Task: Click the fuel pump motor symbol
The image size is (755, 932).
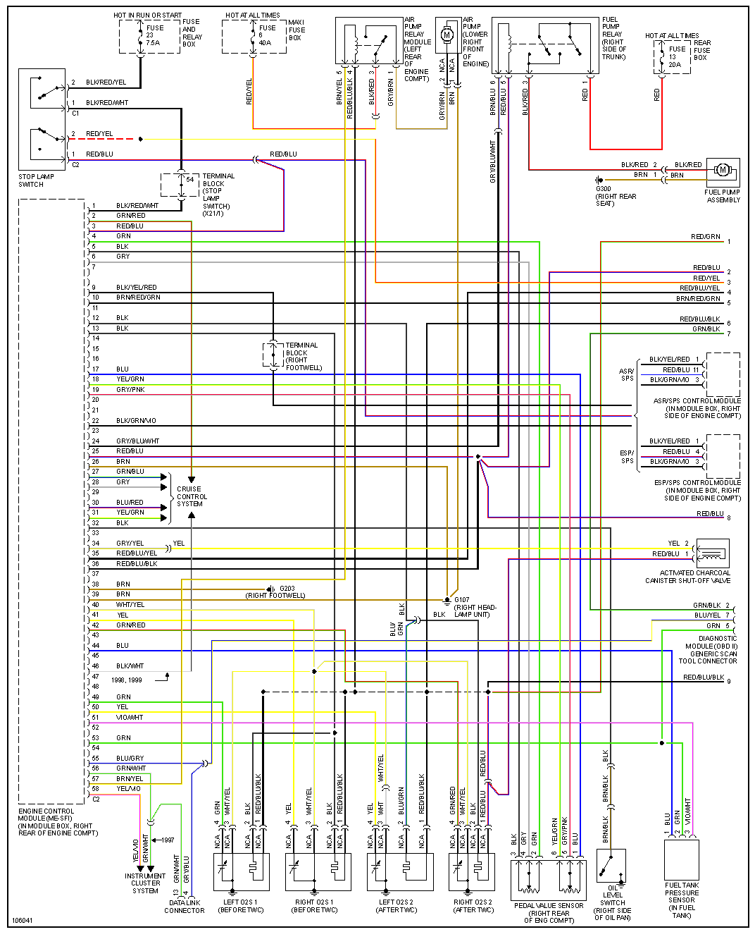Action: (x=722, y=170)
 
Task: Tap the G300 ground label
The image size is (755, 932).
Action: (x=604, y=189)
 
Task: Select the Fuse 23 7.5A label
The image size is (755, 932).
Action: (x=154, y=35)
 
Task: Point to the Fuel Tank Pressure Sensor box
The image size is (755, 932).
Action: (x=681, y=859)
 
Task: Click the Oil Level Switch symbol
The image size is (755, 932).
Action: (x=611, y=866)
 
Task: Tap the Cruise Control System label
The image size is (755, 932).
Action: (x=189, y=496)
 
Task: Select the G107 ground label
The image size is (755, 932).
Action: (x=462, y=600)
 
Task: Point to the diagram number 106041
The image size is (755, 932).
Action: (x=23, y=920)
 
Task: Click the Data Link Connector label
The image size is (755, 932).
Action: (x=185, y=907)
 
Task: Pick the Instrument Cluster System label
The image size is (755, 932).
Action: (x=145, y=883)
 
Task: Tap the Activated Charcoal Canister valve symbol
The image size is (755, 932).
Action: (x=712, y=552)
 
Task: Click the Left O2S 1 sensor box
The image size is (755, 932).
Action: (x=241, y=871)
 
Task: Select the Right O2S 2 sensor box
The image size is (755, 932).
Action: (x=472, y=871)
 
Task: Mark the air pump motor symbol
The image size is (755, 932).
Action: (x=447, y=35)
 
